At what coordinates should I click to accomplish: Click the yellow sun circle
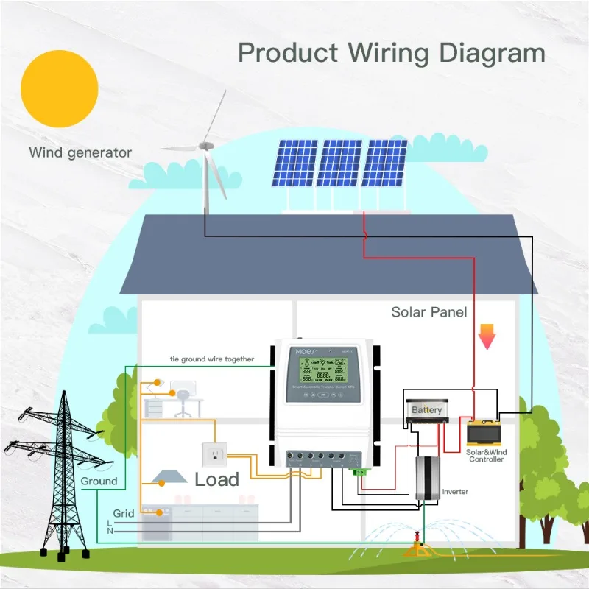60,89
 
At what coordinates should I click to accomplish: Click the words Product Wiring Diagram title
392,53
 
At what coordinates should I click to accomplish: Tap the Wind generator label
80,153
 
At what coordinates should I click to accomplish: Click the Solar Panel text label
428,312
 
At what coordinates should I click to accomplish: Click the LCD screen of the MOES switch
322,365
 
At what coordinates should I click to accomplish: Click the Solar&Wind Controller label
487,455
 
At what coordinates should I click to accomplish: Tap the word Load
216,480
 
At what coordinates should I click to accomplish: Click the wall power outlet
216,456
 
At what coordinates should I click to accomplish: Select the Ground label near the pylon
99,481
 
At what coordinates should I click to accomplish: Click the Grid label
124,513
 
